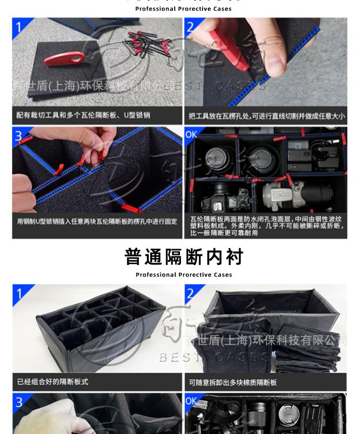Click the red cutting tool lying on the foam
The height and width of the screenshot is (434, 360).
click(62, 60)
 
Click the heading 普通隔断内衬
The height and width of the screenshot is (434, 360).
click(183, 257)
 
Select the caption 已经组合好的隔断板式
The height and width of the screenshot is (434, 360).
click(53, 382)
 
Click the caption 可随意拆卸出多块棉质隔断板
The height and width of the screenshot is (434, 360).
click(233, 383)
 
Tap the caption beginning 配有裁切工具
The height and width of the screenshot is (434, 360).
click(83, 115)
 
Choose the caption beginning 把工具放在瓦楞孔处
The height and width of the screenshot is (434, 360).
click(266, 116)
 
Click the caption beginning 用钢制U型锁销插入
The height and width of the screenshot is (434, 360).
click(97, 222)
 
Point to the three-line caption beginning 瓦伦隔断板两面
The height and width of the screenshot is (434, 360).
click(266, 226)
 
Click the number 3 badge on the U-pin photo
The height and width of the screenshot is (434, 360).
click(19, 135)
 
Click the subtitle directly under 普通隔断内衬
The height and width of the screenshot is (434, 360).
click(183, 275)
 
